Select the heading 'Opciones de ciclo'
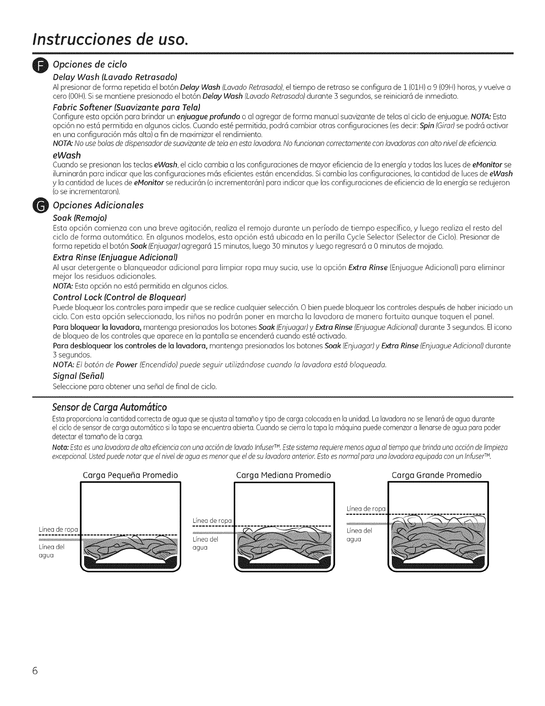coord(90,65)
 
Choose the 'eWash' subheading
coord(67,156)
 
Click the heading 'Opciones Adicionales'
coord(98,205)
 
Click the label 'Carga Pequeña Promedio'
coord(130,476)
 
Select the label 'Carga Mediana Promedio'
coord(283,476)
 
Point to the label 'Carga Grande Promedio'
coord(436,476)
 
